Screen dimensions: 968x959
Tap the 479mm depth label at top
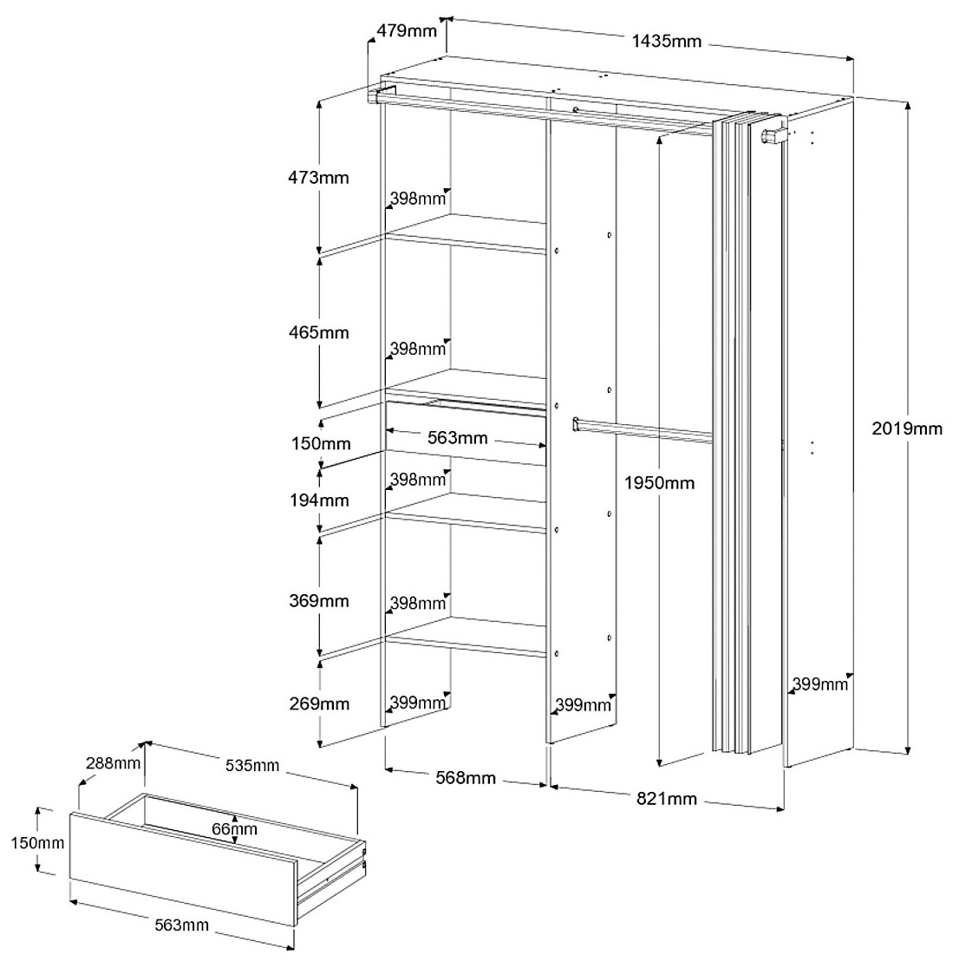pos(406,31)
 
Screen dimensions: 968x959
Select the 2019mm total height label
pos(906,428)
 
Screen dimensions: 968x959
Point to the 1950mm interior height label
pos(660,482)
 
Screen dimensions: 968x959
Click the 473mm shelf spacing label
pos(318,178)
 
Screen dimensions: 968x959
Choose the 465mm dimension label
pos(318,332)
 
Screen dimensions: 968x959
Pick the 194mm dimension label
pos(318,500)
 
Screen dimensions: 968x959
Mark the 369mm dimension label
pos(318,601)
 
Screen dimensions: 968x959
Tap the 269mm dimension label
pos(318,703)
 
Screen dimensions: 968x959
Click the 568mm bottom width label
pos(466,778)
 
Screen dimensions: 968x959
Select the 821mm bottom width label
pos(667,799)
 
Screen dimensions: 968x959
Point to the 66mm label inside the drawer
pos(234,828)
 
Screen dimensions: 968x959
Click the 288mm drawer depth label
pos(113,764)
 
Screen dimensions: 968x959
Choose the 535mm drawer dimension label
pos(251,765)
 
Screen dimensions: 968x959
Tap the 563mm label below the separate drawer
pos(182,925)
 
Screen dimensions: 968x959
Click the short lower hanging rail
pos(643,431)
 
